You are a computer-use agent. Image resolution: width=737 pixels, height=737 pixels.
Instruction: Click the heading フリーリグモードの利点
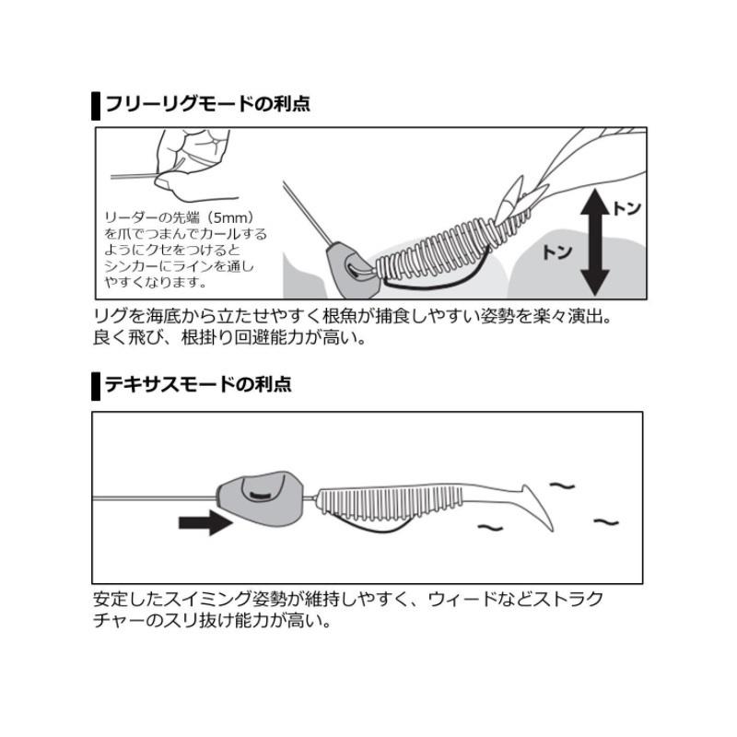207,103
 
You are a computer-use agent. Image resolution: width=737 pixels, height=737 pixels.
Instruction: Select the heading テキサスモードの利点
197,384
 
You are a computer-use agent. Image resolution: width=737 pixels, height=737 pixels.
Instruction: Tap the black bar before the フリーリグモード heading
96,104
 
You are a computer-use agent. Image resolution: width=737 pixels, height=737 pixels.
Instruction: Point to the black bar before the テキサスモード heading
96,385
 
